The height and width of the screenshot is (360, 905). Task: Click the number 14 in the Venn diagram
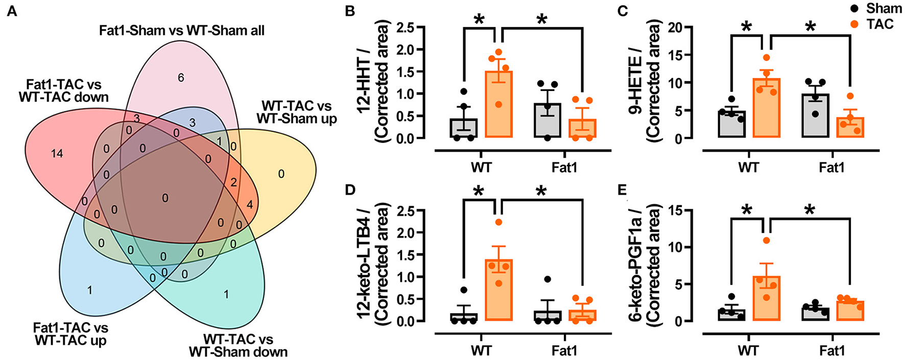click(x=57, y=153)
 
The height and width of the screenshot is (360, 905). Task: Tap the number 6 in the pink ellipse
click(x=180, y=78)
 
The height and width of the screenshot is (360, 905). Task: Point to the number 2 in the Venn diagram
click(x=233, y=182)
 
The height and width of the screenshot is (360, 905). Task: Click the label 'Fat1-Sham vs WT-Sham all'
click(x=182, y=31)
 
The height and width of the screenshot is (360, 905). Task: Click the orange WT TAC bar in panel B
click(x=498, y=105)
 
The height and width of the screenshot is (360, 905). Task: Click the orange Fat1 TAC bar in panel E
click(x=850, y=311)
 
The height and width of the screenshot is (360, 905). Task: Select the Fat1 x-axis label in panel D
click(x=564, y=350)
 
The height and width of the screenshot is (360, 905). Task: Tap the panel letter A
click(x=11, y=11)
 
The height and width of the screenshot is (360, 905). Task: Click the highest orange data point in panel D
click(x=498, y=222)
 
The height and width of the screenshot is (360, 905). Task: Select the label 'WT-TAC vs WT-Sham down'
click(x=238, y=346)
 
